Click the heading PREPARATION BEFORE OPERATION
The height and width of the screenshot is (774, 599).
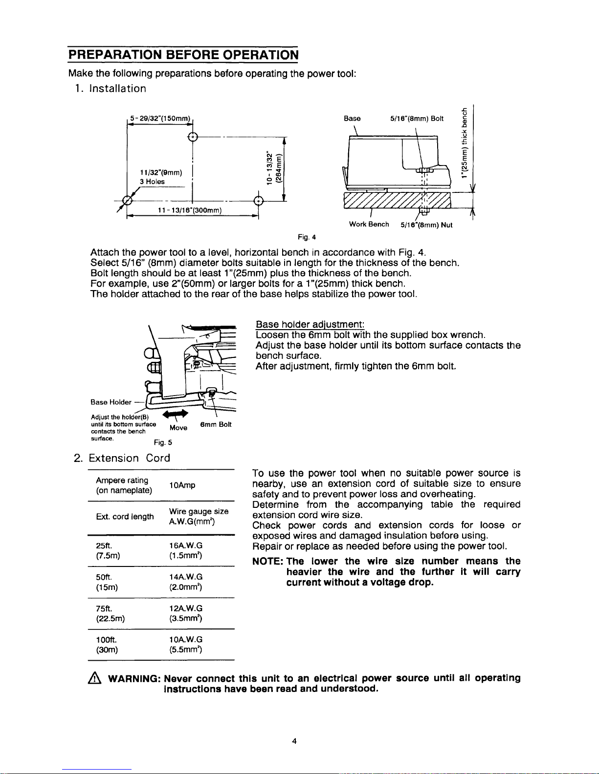183,54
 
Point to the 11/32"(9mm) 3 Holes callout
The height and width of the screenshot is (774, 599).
160,177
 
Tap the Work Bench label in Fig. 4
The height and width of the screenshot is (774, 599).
369,224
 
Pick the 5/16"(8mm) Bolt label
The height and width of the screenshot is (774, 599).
417,118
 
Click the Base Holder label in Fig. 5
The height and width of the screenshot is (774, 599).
111,402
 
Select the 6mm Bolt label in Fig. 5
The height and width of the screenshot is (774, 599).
216,424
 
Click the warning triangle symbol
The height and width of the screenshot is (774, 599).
95,679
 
